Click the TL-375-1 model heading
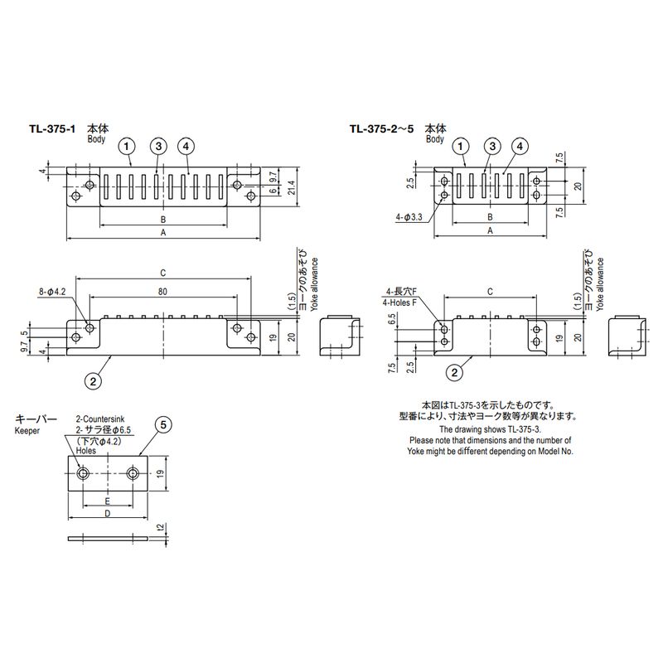point(52,129)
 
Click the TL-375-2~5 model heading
point(381,129)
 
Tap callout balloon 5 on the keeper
point(163,425)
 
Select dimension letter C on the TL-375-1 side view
point(163,273)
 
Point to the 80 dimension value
point(162,291)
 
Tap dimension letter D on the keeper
point(107,515)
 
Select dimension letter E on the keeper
point(108,501)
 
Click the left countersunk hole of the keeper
point(85,473)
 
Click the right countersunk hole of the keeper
point(133,473)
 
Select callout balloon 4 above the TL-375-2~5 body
point(520,146)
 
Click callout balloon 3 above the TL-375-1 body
point(158,146)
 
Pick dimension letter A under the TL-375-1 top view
point(164,234)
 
